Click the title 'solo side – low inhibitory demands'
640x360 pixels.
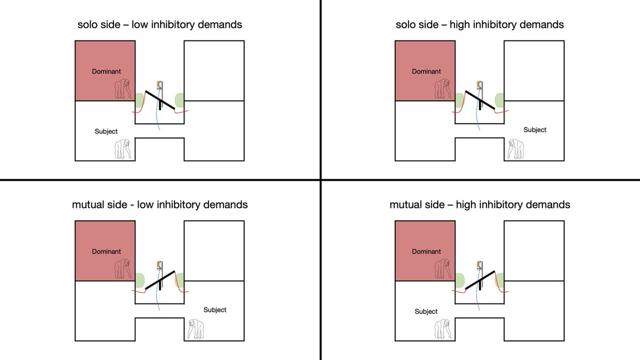point(160,25)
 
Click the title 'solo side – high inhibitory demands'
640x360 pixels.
point(479,25)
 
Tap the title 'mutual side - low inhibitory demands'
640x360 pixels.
point(160,204)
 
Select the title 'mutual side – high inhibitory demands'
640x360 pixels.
point(479,204)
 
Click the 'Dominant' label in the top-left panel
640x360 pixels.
point(106,71)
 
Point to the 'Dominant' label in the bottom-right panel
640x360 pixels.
point(426,252)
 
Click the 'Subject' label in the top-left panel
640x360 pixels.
point(106,131)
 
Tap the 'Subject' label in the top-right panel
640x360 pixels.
point(535,130)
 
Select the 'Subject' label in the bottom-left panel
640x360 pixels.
point(215,310)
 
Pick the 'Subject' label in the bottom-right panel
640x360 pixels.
point(426,311)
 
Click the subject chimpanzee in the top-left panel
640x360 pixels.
point(123,149)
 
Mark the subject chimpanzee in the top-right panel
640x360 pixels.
point(515,149)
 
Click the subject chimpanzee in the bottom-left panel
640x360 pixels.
point(196,329)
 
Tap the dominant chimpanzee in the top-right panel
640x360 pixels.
point(442,89)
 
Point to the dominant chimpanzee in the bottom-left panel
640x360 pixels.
point(123,269)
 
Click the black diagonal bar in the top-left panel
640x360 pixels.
point(160,101)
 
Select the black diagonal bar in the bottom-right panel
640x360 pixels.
point(480,281)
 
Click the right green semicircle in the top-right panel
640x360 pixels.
point(500,100)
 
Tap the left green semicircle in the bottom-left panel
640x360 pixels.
point(140,280)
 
